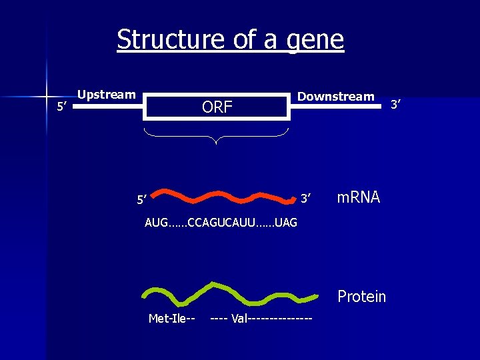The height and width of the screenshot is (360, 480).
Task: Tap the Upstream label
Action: click(107, 95)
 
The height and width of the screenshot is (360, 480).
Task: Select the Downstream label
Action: click(335, 97)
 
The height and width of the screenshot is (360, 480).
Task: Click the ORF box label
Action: click(217, 107)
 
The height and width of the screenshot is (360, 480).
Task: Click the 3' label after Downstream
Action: click(396, 104)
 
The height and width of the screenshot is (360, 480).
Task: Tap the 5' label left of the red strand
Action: click(141, 199)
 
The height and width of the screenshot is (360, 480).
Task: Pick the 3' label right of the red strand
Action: click(305, 199)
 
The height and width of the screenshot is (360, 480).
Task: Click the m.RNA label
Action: click(358, 197)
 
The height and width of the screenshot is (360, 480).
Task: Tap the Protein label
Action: click(361, 296)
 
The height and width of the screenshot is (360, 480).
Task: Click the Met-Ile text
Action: click(171, 318)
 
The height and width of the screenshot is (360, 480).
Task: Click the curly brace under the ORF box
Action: click(217, 137)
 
